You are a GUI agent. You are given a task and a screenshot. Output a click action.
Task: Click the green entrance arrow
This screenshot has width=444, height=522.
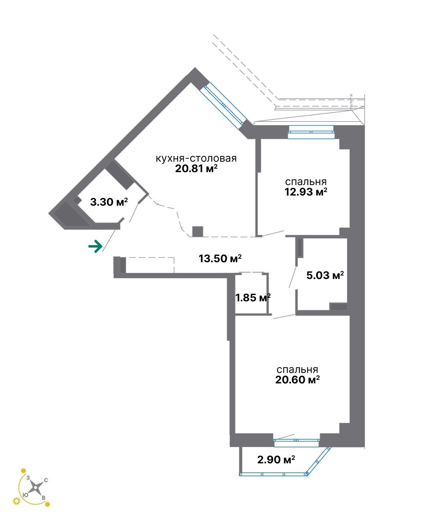tap(95, 246)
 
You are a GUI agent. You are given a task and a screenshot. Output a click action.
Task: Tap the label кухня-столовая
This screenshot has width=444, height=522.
tap(196, 159)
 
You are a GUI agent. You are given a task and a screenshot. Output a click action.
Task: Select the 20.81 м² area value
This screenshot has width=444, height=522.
tap(196, 169)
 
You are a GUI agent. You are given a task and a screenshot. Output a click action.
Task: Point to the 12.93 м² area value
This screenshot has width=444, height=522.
tap(306, 192)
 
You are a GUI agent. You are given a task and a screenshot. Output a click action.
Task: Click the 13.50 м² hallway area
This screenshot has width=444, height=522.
tap(220, 258)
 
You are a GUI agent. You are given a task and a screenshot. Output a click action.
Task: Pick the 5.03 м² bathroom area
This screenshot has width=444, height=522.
tap(325, 275)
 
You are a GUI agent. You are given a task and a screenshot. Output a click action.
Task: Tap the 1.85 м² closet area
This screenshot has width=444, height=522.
tap(253, 298)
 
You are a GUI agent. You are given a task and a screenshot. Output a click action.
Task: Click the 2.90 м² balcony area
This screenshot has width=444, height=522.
tap(276, 459)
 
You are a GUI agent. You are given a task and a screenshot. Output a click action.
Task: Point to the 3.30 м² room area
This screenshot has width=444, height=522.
tap(109, 202)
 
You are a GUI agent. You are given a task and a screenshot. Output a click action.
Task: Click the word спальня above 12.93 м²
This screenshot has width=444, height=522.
tap(306, 182)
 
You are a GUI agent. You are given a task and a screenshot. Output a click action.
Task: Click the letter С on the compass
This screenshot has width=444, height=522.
tap(46, 480)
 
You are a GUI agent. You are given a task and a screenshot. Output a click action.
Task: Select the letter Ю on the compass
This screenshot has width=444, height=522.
tap(25, 495)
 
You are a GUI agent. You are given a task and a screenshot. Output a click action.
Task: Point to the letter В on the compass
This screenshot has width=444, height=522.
tap(43, 498)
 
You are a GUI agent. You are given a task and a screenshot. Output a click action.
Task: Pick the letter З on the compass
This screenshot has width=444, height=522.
tap(28, 478)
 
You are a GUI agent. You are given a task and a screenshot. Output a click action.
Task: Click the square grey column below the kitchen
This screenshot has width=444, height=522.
tap(198, 231)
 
